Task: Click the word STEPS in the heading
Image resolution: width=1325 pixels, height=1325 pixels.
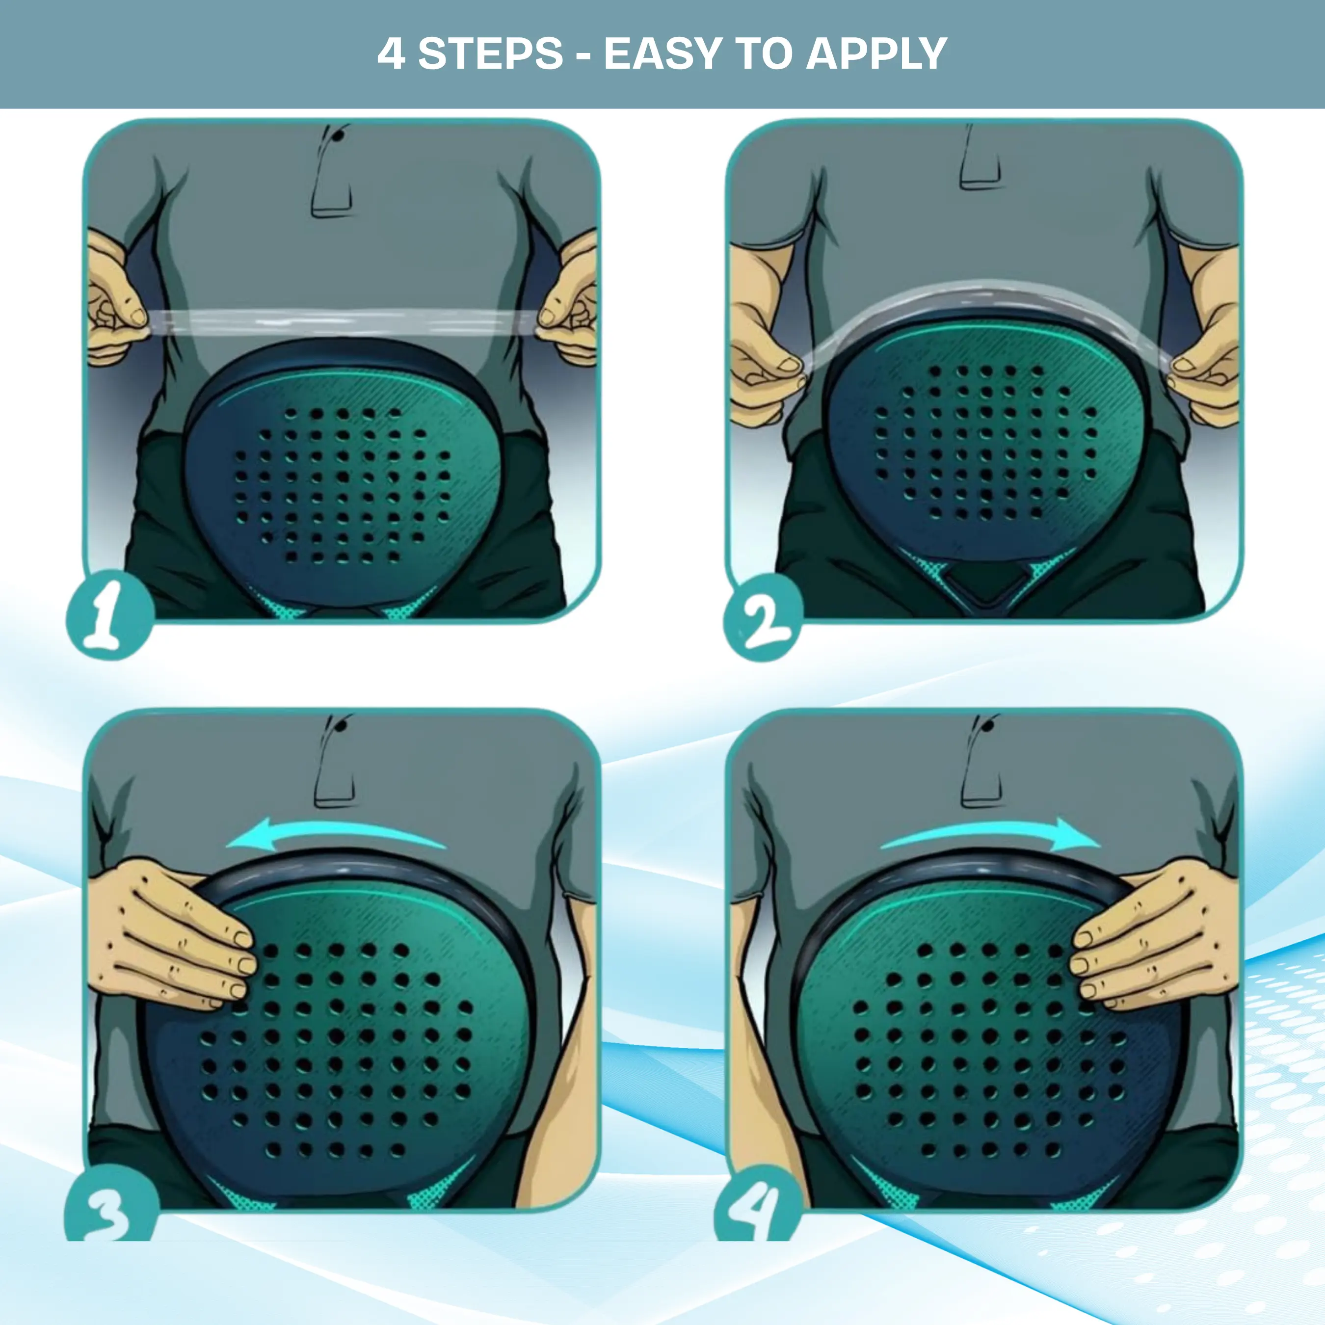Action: [490, 53]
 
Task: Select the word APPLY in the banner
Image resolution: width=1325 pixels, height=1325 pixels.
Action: [877, 53]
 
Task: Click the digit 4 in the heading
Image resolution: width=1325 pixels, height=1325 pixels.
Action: [391, 53]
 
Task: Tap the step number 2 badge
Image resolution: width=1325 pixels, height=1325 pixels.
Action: [763, 618]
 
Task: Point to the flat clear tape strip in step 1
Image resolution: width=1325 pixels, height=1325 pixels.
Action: [343, 321]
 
